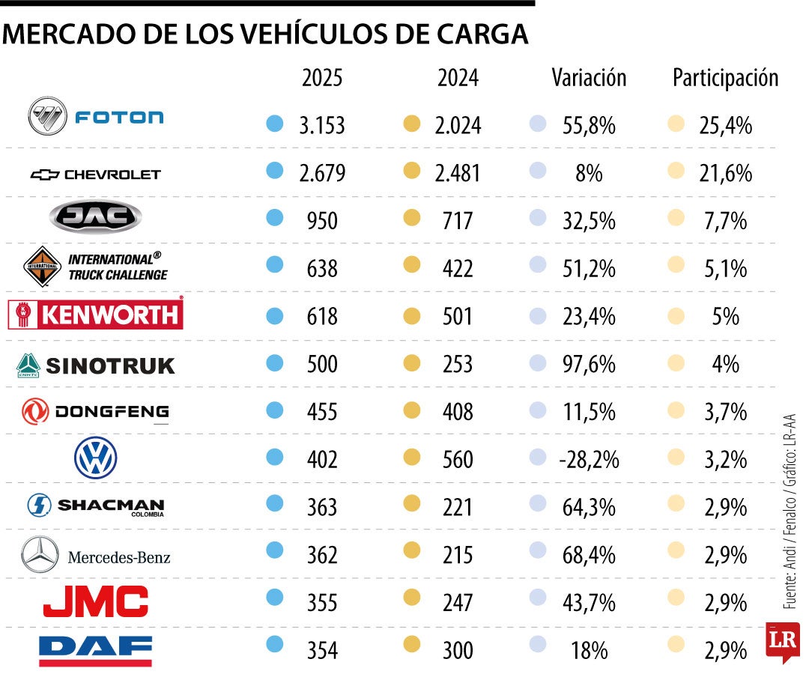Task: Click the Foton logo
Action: (x=95, y=116)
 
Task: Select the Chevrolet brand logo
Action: (x=95, y=174)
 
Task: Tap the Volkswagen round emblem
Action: (x=95, y=458)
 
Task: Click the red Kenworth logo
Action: (x=95, y=315)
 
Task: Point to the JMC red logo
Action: (x=95, y=602)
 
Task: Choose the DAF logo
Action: (x=95, y=650)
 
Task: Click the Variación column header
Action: (x=589, y=78)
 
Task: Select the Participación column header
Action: (x=725, y=78)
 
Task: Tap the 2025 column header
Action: (x=322, y=78)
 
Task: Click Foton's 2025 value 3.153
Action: (x=322, y=125)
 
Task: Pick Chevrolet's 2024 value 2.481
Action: (x=458, y=173)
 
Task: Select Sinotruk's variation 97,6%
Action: (x=589, y=365)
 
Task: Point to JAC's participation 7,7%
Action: (x=725, y=221)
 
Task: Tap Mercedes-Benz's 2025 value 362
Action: (x=322, y=556)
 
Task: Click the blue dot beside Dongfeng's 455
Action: (x=275, y=410)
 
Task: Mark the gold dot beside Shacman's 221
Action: (x=410, y=506)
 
